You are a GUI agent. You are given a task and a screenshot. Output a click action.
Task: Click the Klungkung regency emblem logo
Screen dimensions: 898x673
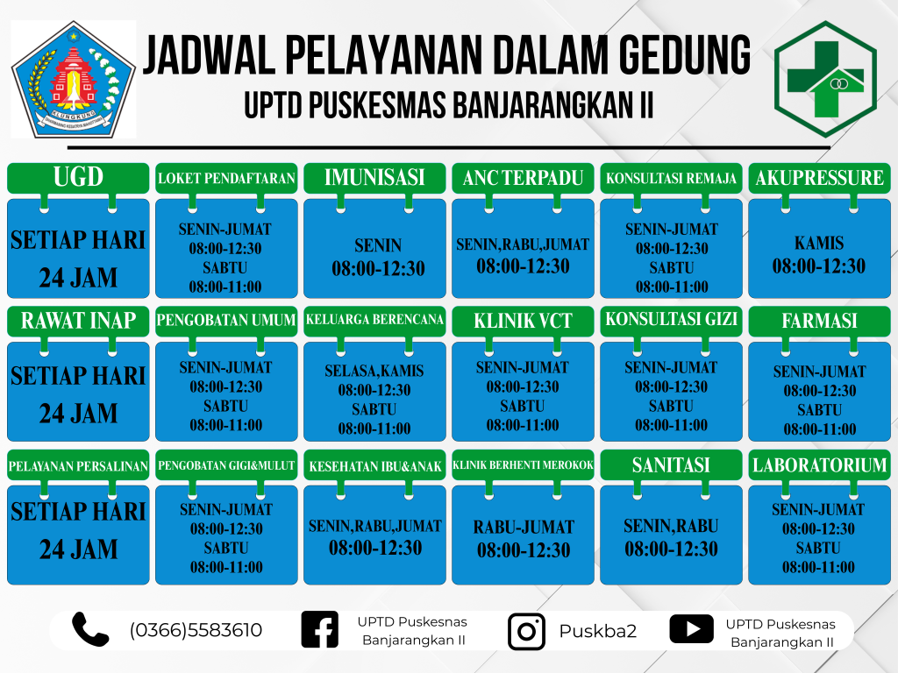[x=74, y=80]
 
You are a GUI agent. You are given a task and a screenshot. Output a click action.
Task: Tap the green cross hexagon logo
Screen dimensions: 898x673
[x=825, y=79]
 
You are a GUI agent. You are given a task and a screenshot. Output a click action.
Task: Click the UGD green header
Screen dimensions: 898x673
[x=78, y=177]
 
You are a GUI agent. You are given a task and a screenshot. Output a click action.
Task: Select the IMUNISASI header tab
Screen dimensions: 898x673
[x=374, y=177]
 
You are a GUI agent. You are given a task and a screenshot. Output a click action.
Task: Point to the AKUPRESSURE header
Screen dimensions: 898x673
[x=820, y=177]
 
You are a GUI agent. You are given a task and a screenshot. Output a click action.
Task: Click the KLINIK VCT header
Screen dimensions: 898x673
[x=523, y=321]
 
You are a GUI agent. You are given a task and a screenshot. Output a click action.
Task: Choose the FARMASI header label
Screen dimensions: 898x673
[x=820, y=321]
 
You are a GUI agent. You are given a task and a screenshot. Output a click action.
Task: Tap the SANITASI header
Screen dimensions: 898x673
[x=671, y=464]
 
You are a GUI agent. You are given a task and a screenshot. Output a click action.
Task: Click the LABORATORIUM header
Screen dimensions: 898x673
[x=820, y=464]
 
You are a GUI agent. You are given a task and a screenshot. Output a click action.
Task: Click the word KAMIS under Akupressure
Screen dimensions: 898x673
[x=819, y=244]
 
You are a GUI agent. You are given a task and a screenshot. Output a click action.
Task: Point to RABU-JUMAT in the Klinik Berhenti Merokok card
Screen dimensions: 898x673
[x=524, y=527]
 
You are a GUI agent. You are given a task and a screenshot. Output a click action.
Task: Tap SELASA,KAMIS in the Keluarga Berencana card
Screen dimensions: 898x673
[x=374, y=371]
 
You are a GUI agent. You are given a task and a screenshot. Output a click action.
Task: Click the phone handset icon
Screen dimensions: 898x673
[x=90, y=629]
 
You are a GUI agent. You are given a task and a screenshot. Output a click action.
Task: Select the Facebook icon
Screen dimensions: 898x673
[x=319, y=629]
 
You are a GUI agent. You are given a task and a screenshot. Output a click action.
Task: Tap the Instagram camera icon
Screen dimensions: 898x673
[x=526, y=632]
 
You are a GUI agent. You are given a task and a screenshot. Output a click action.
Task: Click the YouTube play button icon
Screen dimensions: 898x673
[x=692, y=629]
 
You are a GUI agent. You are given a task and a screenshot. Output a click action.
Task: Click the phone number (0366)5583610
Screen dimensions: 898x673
[x=196, y=630]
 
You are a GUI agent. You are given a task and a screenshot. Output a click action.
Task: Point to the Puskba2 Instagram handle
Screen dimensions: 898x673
[x=598, y=631]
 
